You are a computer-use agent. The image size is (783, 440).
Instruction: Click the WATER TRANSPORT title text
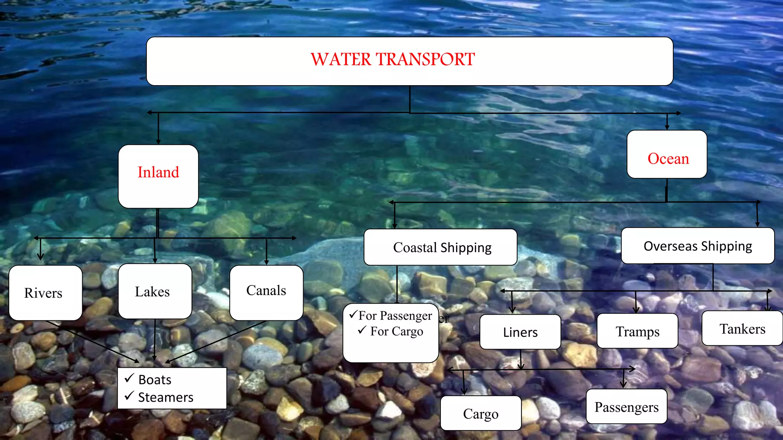click(393, 60)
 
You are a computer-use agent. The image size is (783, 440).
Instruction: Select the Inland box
click(158, 176)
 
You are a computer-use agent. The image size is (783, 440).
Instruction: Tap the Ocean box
click(667, 154)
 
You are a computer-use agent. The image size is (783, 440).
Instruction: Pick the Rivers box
click(45, 293)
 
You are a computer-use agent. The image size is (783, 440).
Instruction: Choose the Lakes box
click(154, 291)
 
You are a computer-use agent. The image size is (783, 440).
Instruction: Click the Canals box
click(266, 293)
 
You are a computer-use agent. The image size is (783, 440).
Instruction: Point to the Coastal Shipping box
click(440, 247)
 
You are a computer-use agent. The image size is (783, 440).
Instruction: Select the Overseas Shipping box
click(698, 246)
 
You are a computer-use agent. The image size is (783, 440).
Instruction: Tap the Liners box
click(520, 332)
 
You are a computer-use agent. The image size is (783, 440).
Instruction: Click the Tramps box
click(637, 331)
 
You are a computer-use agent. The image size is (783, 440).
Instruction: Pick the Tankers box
click(742, 328)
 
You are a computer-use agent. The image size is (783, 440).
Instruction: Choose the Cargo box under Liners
click(481, 413)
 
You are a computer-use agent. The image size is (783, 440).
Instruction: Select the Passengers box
click(626, 407)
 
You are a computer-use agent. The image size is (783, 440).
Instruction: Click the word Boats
click(155, 380)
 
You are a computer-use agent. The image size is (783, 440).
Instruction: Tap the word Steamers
click(166, 397)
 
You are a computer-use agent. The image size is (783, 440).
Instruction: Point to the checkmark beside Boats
click(129, 378)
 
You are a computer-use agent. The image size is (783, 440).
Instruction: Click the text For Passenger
click(395, 315)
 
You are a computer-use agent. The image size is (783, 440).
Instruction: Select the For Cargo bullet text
click(396, 331)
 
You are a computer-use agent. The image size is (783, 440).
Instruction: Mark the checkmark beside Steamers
click(129, 396)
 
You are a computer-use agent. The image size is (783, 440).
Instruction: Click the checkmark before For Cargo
click(362, 330)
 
